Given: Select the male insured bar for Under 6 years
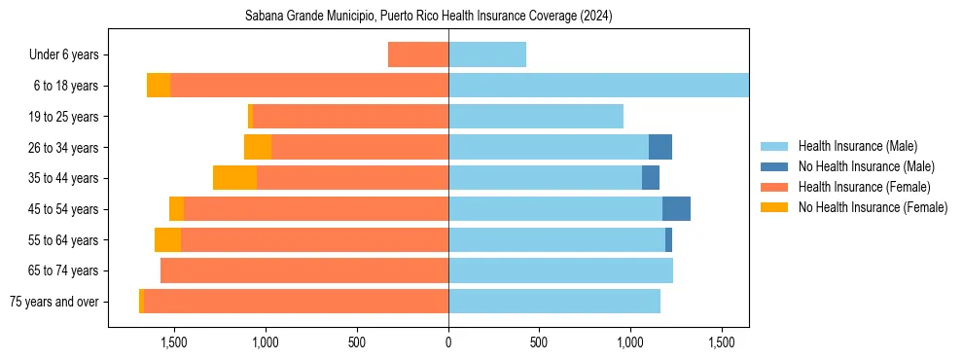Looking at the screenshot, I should tap(487, 54).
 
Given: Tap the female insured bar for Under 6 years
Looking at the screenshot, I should tap(418, 54).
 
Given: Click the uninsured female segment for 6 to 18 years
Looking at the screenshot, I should tap(159, 86).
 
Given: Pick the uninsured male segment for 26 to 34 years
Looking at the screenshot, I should tap(660, 147).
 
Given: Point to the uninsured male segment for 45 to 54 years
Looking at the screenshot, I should tap(676, 209).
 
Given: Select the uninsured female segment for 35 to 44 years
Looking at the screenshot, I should tap(234, 178).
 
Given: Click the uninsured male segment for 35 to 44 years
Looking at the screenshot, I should tap(651, 178).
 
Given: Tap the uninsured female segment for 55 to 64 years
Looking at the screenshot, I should tap(167, 239).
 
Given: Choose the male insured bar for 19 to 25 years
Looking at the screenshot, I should tap(536, 117).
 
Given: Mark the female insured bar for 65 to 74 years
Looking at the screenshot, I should tap(304, 270).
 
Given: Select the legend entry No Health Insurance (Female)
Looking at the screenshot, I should tap(873, 207).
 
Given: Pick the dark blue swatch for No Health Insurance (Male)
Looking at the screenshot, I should tap(774, 166).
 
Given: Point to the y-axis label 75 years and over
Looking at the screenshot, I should tap(54, 302).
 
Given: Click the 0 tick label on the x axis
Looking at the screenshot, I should tap(448, 342).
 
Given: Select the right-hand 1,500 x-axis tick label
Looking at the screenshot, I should tap(722, 342).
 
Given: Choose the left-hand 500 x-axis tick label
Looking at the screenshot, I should tap(357, 342).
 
